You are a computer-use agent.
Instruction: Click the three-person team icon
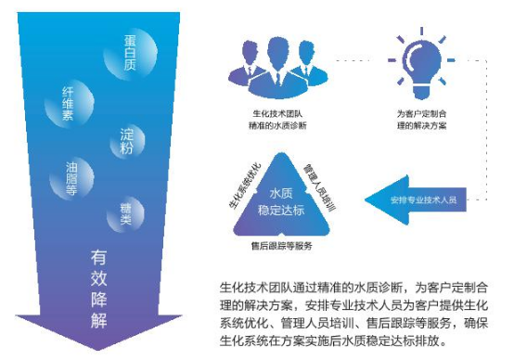click(280, 62)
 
